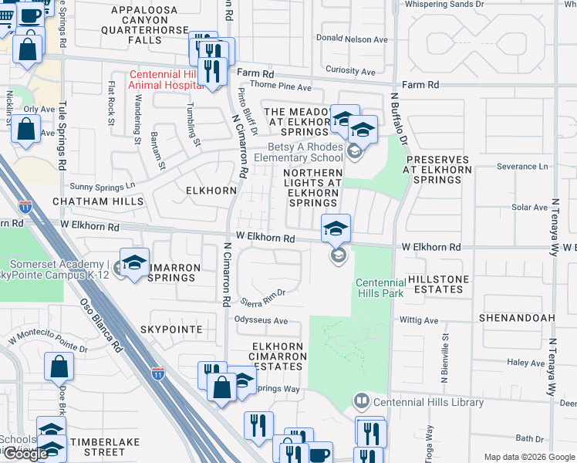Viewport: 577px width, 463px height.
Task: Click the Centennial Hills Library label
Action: [428, 402]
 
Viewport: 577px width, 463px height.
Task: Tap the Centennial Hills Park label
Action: [380, 289]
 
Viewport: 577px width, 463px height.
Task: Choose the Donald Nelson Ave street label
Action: [352, 39]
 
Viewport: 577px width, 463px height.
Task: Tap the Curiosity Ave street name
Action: [350, 71]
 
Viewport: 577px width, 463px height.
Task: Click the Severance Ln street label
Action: [521, 166]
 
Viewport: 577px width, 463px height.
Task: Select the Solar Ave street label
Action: [529, 208]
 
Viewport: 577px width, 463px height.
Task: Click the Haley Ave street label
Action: [527, 363]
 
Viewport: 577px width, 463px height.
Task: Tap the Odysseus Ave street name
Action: [262, 321]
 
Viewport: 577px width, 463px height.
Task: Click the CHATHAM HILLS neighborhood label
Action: [98, 201]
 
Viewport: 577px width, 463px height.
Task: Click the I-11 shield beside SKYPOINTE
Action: [157, 373]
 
